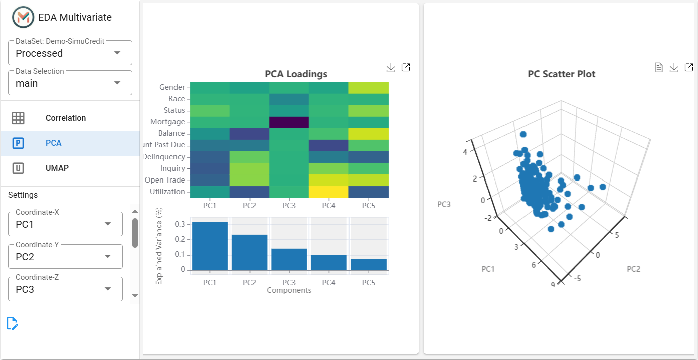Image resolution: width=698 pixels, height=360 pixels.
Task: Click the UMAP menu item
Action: tap(57, 168)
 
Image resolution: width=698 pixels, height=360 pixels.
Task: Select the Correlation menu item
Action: tap(65, 118)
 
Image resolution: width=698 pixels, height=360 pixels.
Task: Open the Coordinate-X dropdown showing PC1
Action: tap(65, 224)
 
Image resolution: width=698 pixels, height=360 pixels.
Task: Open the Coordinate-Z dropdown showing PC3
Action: tap(65, 289)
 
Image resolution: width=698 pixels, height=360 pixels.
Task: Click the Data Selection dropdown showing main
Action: tap(70, 83)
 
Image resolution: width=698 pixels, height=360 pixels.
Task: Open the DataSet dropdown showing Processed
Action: tap(70, 52)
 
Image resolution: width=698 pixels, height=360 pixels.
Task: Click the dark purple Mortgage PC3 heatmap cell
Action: tap(289, 122)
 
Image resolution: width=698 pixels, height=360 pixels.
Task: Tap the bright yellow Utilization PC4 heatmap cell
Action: tap(329, 192)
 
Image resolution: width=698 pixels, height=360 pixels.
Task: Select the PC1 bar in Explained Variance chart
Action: tap(210, 246)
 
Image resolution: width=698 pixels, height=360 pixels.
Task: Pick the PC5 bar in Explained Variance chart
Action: tap(369, 264)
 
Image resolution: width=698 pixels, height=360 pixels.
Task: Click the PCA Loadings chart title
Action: tap(296, 74)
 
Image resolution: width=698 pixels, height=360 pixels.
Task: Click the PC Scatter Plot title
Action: tap(562, 74)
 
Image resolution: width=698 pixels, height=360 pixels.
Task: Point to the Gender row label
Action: tap(172, 87)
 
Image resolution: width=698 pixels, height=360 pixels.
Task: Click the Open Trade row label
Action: tap(165, 180)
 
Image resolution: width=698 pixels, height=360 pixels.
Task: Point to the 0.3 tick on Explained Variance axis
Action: tap(180, 224)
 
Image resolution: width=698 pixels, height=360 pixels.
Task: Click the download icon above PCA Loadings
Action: tap(391, 68)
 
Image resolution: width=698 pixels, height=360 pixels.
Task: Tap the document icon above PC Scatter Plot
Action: tap(659, 67)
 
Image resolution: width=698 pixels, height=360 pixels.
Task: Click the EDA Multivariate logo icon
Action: tap(23, 17)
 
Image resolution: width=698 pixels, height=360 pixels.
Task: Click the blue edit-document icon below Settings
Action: tap(12, 323)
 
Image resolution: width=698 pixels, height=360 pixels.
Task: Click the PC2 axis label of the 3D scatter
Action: tap(633, 269)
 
